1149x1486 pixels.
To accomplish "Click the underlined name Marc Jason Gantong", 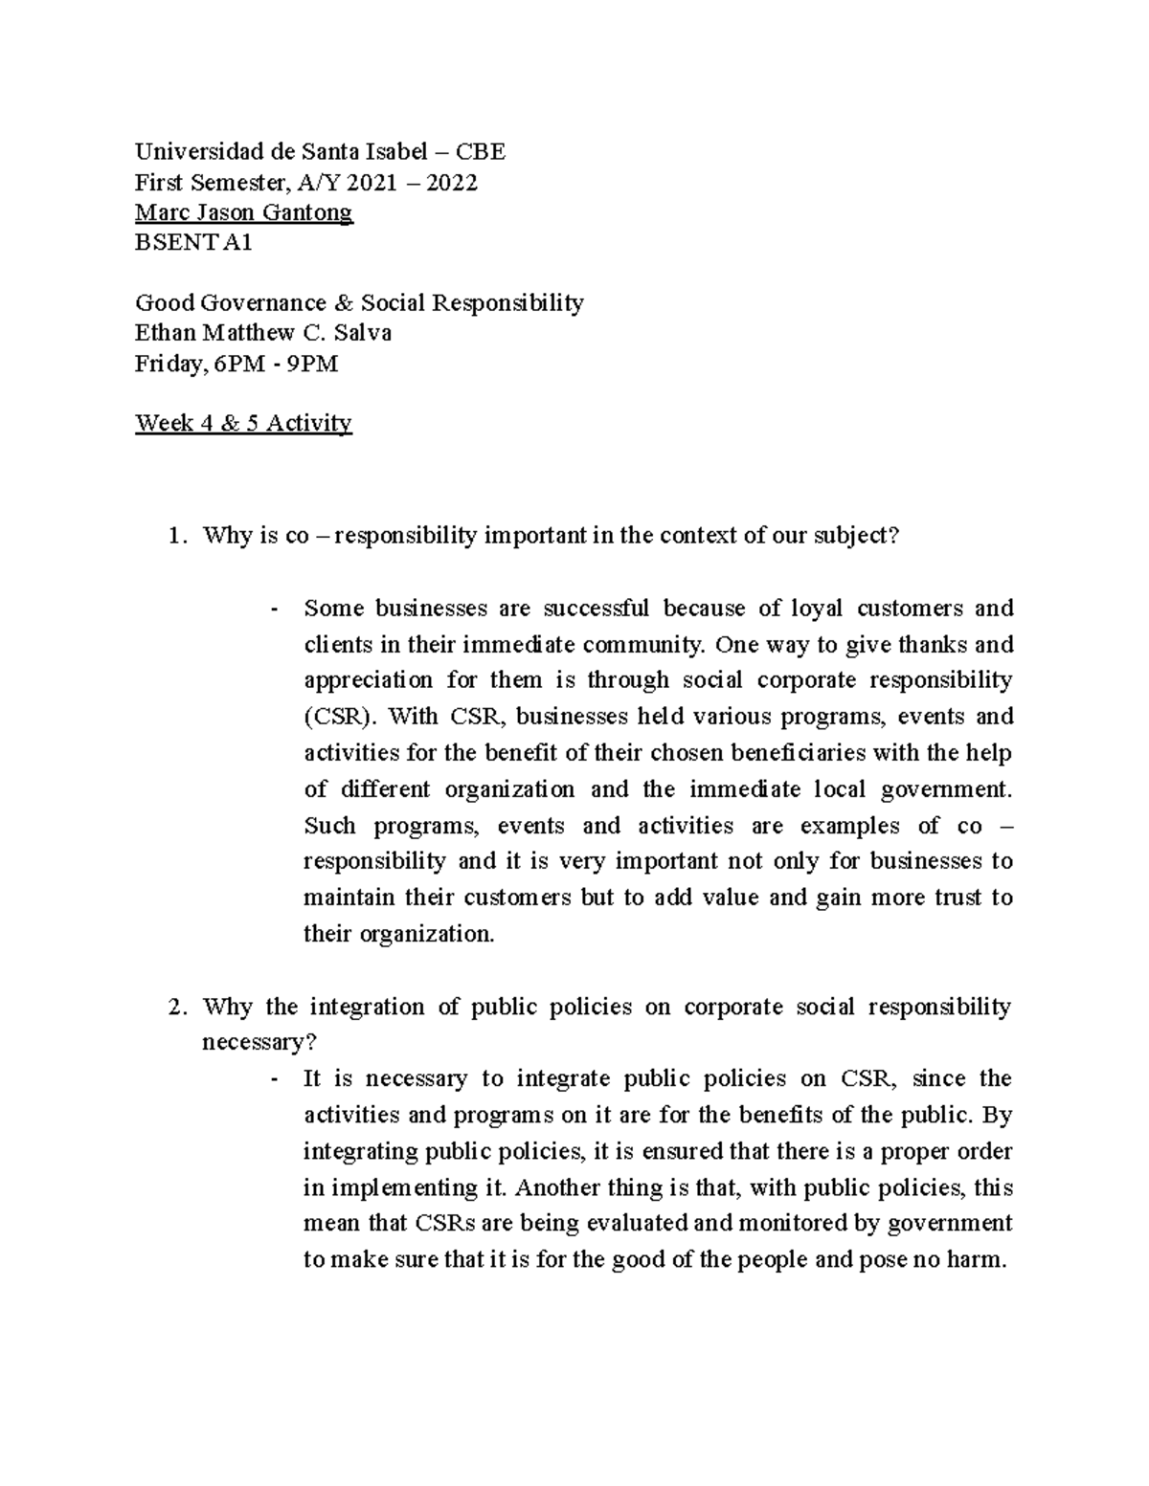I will (x=244, y=211).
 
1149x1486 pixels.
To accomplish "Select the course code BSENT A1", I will (x=193, y=242).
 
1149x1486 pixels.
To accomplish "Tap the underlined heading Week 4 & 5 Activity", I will (x=243, y=422).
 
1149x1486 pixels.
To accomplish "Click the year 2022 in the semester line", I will (x=451, y=182).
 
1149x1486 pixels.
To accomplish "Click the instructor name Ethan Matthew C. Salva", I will (x=263, y=333).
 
